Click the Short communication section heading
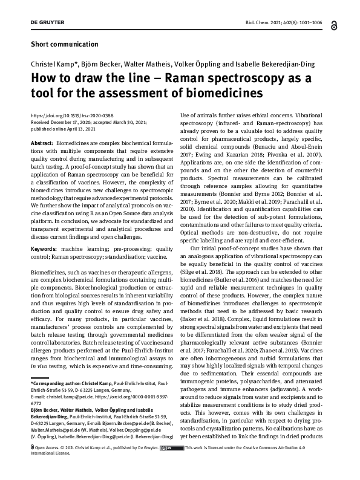coord(64,44)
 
